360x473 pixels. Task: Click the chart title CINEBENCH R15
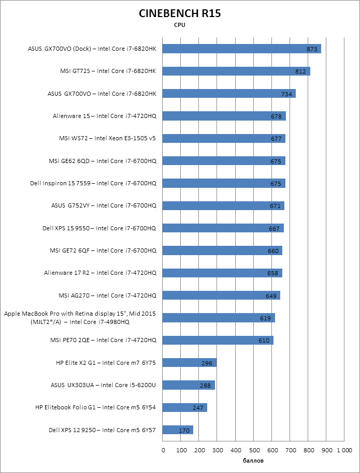pos(180,14)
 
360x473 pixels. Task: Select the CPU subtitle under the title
pos(180,25)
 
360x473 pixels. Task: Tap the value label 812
pos(300,71)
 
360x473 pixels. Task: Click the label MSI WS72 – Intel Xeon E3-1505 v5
pos(108,139)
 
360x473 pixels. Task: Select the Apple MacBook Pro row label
pos(80,318)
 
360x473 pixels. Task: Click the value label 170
pos(184,430)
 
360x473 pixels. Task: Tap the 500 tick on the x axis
pos(254,450)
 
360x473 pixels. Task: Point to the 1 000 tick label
pos(344,450)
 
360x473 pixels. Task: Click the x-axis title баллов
pos(253,460)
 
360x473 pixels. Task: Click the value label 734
pos(286,94)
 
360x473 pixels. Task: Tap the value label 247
pos(198,408)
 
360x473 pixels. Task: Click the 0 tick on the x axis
pos(163,450)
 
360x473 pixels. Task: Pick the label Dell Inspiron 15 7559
pos(93,183)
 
